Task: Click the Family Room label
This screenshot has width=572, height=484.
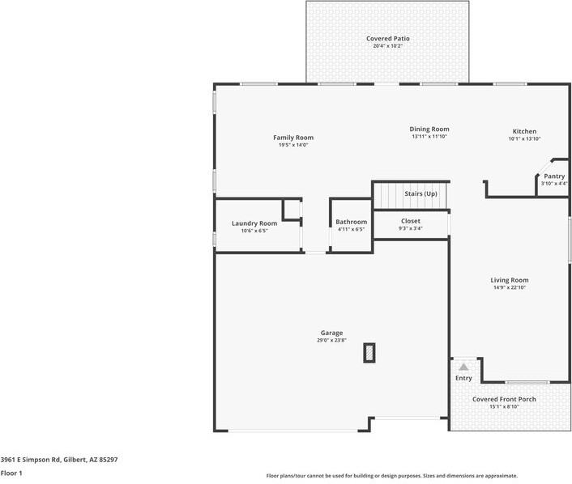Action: coord(293,138)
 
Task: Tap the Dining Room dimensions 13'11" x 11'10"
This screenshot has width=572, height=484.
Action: coord(429,136)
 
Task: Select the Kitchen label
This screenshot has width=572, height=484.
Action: coord(524,131)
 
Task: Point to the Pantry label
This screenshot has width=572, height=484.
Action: coord(554,176)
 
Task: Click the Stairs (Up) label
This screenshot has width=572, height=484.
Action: coord(420,193)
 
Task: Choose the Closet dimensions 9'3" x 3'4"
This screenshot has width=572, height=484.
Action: coord(411,228)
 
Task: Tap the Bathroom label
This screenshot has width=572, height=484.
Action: coord(352,222)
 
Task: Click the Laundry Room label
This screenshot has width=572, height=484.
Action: coord(254,223)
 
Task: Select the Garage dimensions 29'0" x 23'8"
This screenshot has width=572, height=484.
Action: coord(331,341)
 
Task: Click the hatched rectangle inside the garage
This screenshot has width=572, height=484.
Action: coord(369,353)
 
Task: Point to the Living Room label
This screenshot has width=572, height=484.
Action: coord(510,280)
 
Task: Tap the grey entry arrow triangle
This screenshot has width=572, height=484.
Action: coord(463,367)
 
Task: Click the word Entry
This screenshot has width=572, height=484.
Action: coord(463,378)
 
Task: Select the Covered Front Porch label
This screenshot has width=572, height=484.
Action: coord(504,399)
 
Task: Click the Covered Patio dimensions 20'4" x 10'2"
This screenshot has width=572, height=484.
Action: coord(388,46)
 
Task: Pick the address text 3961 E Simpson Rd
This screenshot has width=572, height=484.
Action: coord(30,460)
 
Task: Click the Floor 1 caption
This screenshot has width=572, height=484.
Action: coord(11,473)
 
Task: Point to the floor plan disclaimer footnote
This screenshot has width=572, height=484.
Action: coord(392,476)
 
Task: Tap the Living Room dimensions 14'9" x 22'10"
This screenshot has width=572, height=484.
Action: coord(510,287)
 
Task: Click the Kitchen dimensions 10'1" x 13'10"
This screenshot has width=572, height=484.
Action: coord(524,138)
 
